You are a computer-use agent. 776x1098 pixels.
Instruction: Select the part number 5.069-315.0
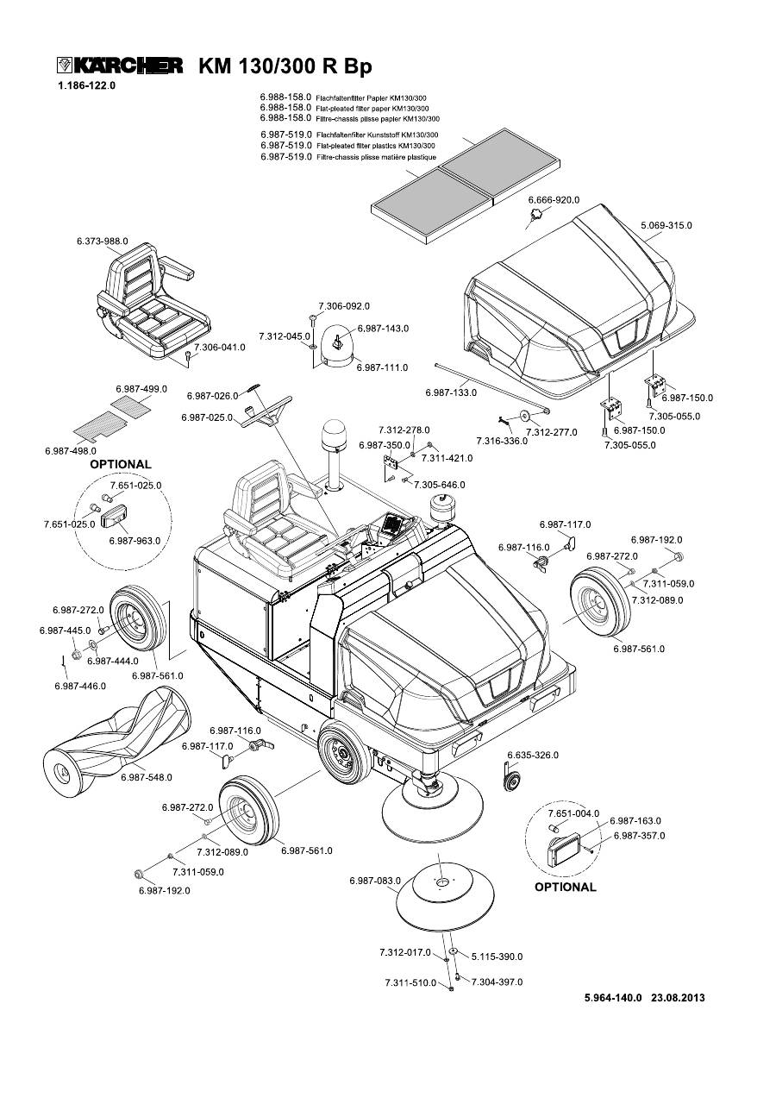click(x=666, y=225)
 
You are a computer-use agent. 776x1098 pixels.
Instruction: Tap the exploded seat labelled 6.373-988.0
click(x=151, y=303)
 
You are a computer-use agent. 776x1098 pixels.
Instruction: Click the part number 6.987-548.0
click(x=147, y=777)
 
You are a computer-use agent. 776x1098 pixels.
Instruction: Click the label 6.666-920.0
click(x=554, y=200)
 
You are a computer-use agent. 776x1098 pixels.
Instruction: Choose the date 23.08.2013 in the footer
click(x=679, y=998)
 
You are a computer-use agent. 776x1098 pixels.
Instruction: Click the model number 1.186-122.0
click(x=86, y=86)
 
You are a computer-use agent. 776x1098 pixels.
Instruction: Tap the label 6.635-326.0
click(x=533, y=755)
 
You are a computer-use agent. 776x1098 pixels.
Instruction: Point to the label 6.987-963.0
click(x=135, y=540)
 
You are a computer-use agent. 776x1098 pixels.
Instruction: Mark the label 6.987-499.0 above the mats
click(x=141, y=389)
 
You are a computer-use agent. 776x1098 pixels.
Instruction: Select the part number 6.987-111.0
click(x=382, y=367)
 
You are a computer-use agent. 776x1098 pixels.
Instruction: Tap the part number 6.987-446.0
click(x=80, y=686)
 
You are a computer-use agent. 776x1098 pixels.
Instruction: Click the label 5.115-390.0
click(x=498, y=957)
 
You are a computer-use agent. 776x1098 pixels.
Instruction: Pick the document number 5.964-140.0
click(x=614, y=998)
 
